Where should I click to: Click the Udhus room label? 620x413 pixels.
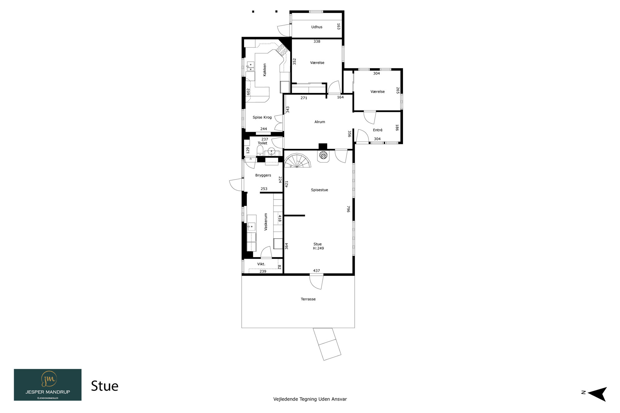(317, 27)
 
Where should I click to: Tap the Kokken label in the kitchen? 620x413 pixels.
(264, 70)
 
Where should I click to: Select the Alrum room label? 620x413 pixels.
(320, 122)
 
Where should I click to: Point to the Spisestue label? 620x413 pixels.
(319, 190)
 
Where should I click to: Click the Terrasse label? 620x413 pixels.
(308, 299)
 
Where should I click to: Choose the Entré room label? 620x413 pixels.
(378, 130)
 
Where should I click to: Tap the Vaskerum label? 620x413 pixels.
(266, 222)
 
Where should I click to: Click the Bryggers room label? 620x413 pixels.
(263, 175)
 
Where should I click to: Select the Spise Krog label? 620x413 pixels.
(262, 117)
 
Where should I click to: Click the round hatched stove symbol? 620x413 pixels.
(323, 155)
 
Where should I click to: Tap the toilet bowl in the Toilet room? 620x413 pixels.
(260, 151)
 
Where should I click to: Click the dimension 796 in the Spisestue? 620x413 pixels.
(348, 209)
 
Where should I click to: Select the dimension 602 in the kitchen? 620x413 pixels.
(248, 92)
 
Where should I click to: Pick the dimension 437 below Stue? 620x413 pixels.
(316, 270)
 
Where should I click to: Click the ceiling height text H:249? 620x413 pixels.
(318, 248)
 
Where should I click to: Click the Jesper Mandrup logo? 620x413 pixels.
(48, 384)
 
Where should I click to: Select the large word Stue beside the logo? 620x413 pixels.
(105, 386)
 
